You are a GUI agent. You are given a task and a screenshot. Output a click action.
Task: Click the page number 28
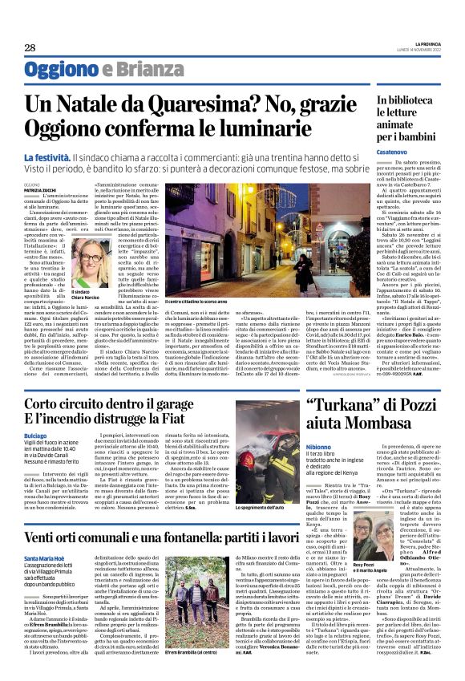coord(30,48)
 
